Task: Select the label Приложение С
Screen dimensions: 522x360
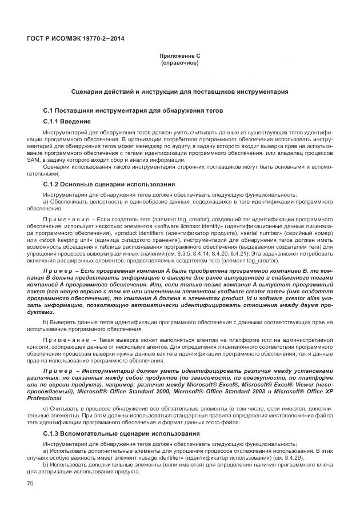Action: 179,55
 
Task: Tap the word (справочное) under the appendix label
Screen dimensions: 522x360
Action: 179,62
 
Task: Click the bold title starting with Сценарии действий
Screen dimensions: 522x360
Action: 179,91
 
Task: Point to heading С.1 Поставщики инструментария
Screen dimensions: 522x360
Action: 129,110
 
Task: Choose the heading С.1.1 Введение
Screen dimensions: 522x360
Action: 67,122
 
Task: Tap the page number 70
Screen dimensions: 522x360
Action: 30,484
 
